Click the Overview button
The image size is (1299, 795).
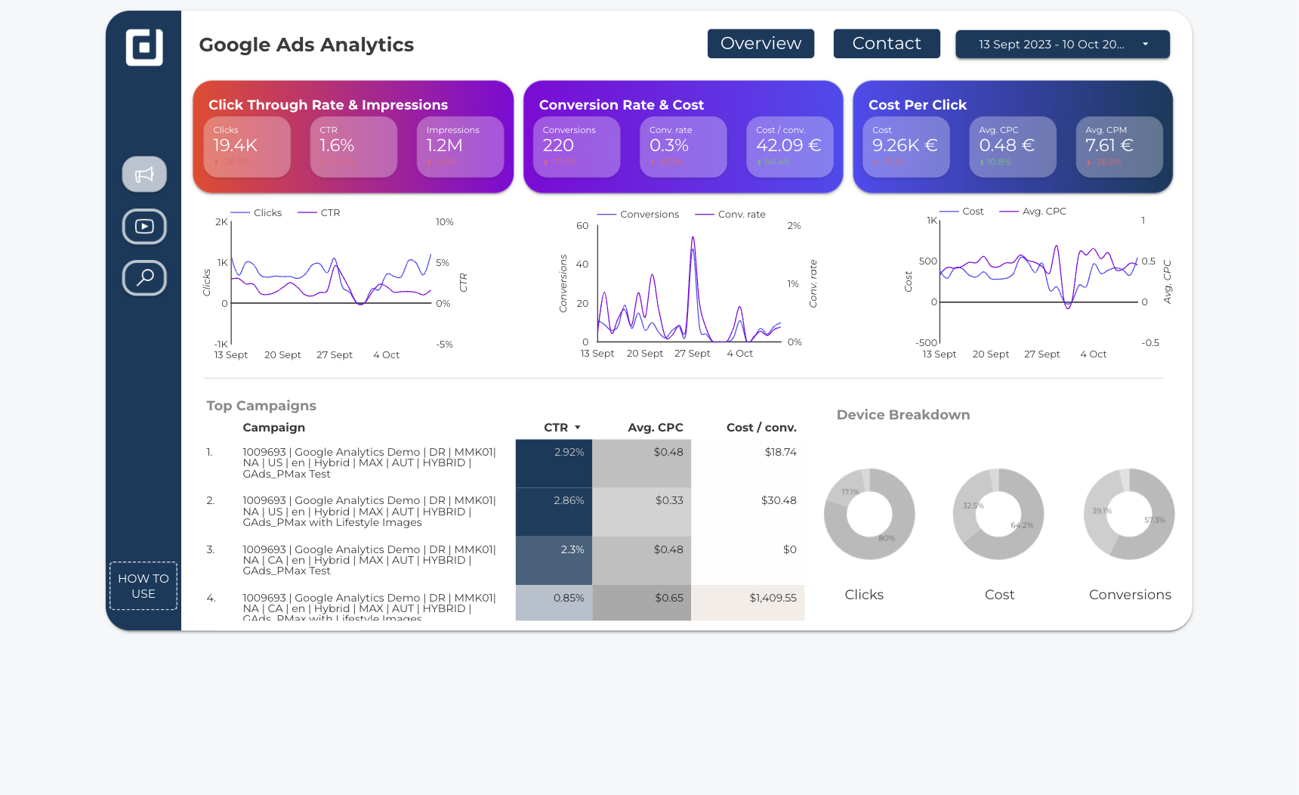pos(761,44)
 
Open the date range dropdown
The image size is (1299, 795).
pos(1062,45)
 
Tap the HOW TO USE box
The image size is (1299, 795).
pos(143,586)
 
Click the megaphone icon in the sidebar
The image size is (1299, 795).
pos(144,175)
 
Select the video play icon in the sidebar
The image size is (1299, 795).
pos(144,226)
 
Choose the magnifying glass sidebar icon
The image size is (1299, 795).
pos(144,277)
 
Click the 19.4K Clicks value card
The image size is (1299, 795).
pos(247,147)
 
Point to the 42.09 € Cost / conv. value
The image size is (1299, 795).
pos(788,145)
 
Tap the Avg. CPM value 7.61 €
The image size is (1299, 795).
pos(1109,145)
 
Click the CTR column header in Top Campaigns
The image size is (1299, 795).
pos(557,428)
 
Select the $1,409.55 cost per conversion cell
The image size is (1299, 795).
pos(773,598)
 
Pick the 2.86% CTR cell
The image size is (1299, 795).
pos(569,500)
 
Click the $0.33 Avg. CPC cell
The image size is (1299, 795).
pos(669,500)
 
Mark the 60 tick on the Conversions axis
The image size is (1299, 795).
pos(582,226)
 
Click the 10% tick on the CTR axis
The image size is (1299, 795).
pos(444,222)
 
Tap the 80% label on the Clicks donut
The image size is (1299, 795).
pos(887,538)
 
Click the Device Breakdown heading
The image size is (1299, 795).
pos(903,415)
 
